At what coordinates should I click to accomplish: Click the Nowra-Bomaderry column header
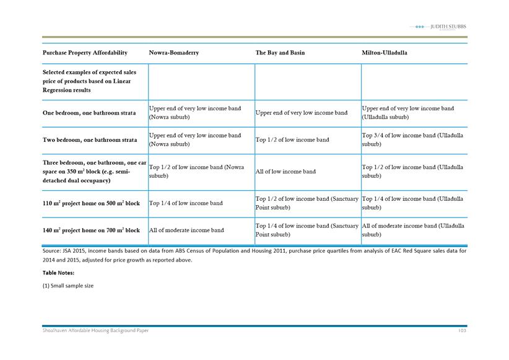pos(173,53)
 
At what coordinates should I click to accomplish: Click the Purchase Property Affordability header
pos(85,53)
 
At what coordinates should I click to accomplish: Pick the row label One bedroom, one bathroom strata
pos(89,113)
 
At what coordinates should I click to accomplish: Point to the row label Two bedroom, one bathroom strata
pos(89,140)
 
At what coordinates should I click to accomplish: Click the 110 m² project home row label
pos(91,203)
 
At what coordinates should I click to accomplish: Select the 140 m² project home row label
pos(91,230)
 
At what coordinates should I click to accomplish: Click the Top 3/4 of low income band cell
pos(412,139)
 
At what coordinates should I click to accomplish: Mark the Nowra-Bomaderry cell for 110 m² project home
pos(182,203)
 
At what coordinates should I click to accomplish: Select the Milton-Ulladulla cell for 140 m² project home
pos(412,230)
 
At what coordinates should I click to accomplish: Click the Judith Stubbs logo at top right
pos(440,27)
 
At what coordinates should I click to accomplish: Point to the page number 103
pos(461,331)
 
